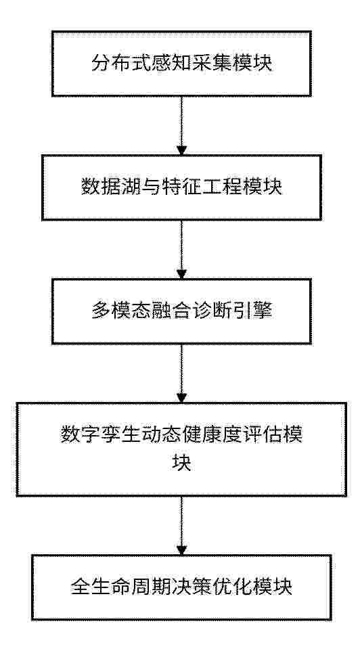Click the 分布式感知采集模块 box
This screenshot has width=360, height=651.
tap(181, 64)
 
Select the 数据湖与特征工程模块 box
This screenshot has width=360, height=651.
tap(181, 187)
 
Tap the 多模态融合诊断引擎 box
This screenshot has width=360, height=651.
tap(181, 311)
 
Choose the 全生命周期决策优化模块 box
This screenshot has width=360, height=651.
tap(181, 587)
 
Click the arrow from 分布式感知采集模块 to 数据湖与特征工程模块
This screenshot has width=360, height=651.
tap(181, 126)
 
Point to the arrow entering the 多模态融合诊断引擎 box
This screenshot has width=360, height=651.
tap(181, 249)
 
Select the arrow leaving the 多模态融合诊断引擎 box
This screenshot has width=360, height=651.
tap(181, 374)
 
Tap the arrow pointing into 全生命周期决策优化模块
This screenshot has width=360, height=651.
tap(181, 525)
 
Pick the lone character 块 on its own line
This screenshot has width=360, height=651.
tap(181, 463)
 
